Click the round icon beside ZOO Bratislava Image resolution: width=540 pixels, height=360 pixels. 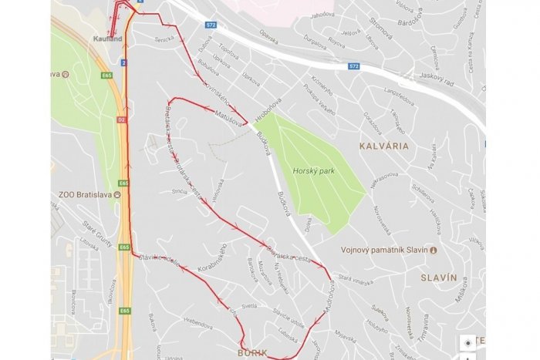click(x=116, y=195)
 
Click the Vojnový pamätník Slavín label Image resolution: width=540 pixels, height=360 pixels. click(x=384, y=250)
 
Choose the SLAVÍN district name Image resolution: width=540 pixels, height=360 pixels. click(x=440, y=276)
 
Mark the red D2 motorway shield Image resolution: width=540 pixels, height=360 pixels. click(x=121, y=120)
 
